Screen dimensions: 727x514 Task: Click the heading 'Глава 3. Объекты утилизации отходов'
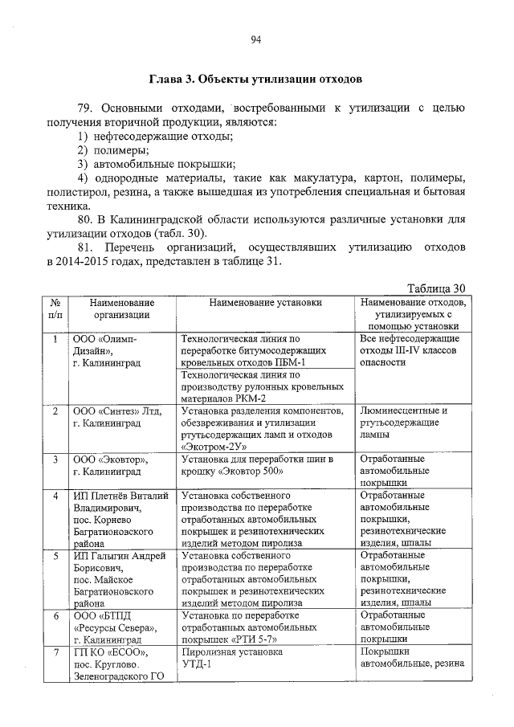tap(256, 80)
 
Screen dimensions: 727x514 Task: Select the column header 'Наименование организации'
tap(121, 308)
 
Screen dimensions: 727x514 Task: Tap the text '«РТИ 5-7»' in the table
tap(255, 639)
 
